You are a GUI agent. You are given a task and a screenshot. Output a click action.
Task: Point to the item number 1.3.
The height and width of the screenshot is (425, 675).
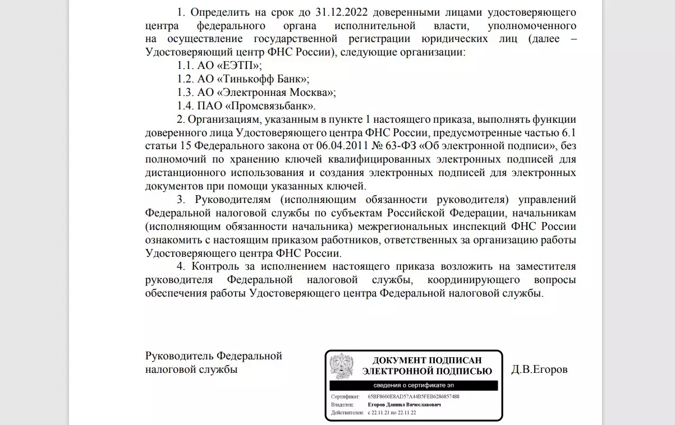185,93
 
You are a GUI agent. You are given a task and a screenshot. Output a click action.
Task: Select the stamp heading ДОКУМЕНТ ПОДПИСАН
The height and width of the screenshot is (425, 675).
427,360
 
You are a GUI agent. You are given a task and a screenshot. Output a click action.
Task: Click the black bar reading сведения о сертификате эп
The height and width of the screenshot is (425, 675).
414,386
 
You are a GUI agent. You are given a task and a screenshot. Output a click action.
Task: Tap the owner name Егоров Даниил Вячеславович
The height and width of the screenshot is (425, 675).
404,404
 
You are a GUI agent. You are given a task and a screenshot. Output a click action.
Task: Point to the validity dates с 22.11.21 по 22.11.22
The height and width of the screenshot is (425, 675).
392,413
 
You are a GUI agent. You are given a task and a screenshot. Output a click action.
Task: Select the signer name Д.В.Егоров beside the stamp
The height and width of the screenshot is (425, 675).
539,370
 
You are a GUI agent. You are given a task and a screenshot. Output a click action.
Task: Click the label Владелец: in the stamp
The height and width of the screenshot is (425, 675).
342,404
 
